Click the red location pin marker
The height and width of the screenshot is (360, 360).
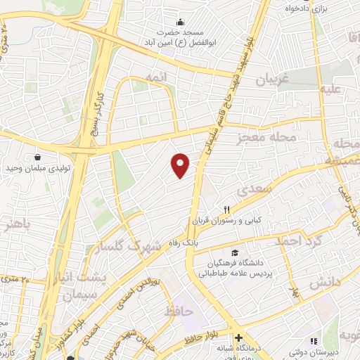(181, 165)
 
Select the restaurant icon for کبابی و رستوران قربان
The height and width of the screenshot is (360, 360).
(226, 209)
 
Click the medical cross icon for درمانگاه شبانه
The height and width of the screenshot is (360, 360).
(238, 337)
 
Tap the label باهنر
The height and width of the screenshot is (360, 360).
(17, 226)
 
